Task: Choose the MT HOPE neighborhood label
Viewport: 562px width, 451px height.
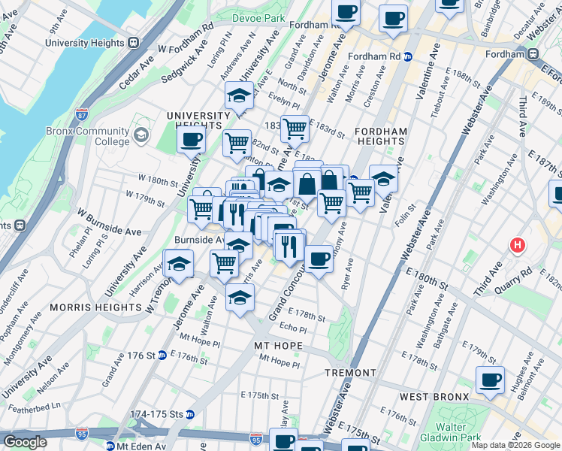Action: point(278,346)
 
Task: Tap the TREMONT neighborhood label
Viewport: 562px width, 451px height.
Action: point(350,373)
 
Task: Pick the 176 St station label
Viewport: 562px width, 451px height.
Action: point(141,355)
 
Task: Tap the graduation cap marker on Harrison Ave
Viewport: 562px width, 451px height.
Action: point(180,265)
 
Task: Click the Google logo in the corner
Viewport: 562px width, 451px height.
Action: point(26,442)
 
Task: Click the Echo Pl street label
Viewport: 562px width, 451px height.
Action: point(292,329)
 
